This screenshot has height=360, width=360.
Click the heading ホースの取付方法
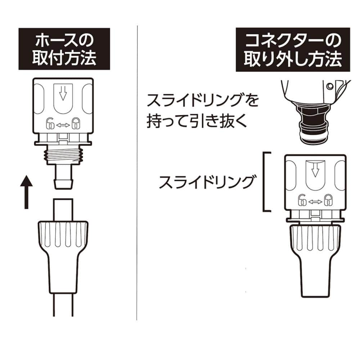pyautogui.click(x=64, y=49)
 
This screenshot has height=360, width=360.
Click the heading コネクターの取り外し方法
pyautogui.click(x=293, y=50)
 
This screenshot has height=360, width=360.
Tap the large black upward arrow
pyautogui.click(x=26, y=192)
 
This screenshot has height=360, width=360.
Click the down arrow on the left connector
pyautogui.click(x=63, y=93)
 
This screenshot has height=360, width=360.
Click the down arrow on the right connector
pyautogui.click(x=315, y=170)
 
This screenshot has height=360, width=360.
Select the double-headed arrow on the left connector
pyautogui.click(x=63, y=125)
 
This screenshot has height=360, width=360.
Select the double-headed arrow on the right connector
pyautogui.click(x=315, y=202)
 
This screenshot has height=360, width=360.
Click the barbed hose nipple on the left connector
pyautogui.click(x=64, y=176)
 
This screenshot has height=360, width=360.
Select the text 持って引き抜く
pyautogui.click(x=197, y=121)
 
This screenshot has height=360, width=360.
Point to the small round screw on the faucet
pyautogui.click(x=330, y=86)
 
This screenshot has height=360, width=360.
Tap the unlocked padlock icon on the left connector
pyautogui.click(x=50, y=124)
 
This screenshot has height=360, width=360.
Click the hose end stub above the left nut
pyautogui.click(x=63, y=210)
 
